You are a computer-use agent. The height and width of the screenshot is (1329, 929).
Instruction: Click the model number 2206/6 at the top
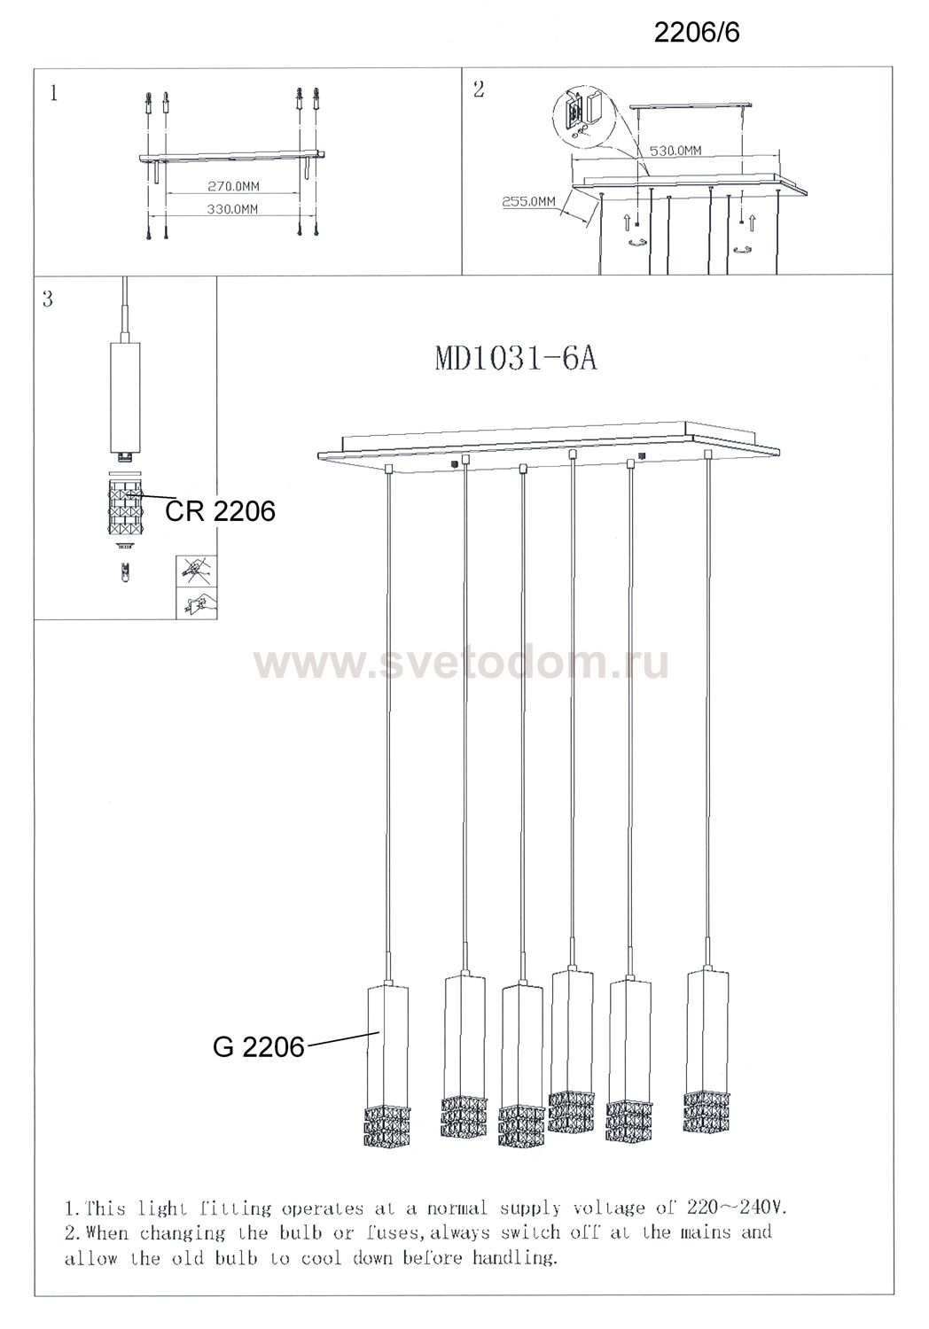coord(697,34)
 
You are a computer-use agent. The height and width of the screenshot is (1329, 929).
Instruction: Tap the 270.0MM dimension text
coord(233,186)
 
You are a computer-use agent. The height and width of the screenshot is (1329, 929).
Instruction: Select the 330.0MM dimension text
coord(232,209)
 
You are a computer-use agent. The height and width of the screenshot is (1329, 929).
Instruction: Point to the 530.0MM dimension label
coord(675,151)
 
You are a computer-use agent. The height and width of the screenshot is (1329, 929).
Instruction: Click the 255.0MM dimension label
coord(529,201)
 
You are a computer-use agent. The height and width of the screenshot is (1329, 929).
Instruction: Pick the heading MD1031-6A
coord(516,359)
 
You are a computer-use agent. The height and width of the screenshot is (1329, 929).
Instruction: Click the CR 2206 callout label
coord(220,511)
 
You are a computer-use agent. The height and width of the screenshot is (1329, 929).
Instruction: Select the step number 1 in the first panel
coord(54,94)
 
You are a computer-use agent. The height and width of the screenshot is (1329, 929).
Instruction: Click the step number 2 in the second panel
coord(479,89)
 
